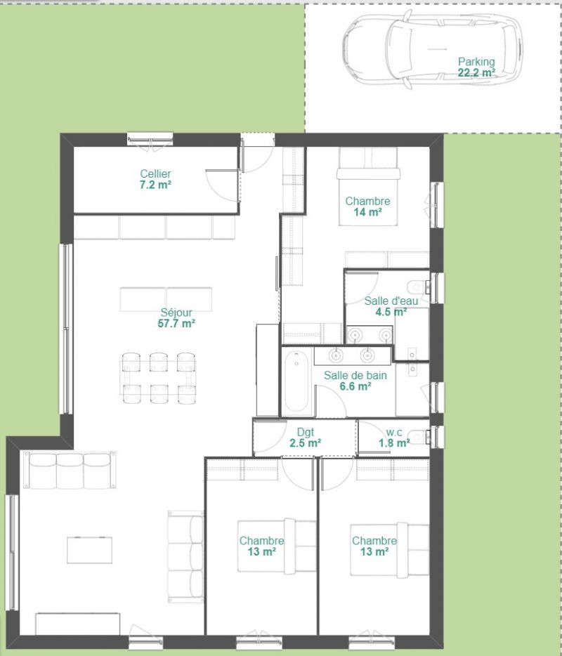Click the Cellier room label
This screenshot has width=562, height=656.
click(x=155, y=173)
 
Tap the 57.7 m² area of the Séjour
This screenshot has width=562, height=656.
click(x=176, y=323)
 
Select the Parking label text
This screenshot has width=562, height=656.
click(x=476, y=62)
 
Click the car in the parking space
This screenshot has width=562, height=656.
click(x=433, y=49)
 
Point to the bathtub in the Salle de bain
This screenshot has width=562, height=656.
click(x=296, y=382)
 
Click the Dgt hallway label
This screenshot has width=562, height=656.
click(x=306, y=432)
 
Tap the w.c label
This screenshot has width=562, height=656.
click(x=394, y=432)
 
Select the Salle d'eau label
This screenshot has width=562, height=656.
click(x=391, y=301)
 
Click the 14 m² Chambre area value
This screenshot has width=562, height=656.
click(x=367, y=212)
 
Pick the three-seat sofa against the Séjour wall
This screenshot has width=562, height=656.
click(x=69, y=470)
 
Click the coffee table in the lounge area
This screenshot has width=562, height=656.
click(x=89, y=550)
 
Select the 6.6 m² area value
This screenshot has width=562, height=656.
click(x=355, y=386)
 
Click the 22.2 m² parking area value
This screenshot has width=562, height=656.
click(x=476, y=72)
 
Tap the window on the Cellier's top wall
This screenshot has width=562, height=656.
click(x=150, y=139)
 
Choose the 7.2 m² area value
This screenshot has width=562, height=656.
click(x=155, y=185)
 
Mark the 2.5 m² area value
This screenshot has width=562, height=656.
click(x=306, y=443)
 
